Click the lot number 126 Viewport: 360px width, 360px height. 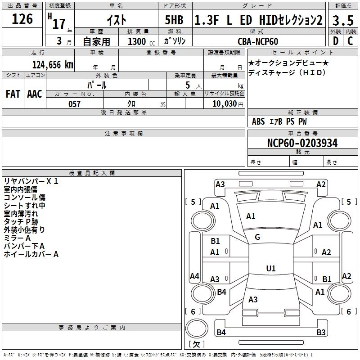click(x=22, y=18)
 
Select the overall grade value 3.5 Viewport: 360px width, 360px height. click(x=343, y=20)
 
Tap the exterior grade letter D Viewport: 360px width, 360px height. click(x=336, y=41)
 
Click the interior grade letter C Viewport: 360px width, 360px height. click(x=351, y=41)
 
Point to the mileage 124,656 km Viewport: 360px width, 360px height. click(x=53, y=65)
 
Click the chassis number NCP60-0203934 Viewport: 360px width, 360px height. click(x=302, y=143)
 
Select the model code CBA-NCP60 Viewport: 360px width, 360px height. click(x=258, y=41)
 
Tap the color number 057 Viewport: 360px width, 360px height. click(x=74, y=104)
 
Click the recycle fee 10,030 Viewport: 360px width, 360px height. click(x=225, y=104)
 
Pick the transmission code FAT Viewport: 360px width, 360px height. click(x=13, y=94)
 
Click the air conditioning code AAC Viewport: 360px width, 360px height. click(x=35, y=94)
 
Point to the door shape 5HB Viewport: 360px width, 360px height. click(x=174, y=20)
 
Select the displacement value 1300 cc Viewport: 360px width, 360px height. click(x=141, y=42)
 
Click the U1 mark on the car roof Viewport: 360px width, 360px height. click(x=271, y=268)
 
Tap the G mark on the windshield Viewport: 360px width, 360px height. click(x=257, y=237)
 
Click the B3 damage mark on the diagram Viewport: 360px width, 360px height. click(x=321, y=332)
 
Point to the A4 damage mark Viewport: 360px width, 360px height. click(x=194, y=276)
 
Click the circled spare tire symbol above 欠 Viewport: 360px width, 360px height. click(x=197, y=328)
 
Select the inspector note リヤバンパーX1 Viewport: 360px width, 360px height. click(x=31, y=181)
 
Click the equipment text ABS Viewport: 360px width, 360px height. click(x=258, y=121)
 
